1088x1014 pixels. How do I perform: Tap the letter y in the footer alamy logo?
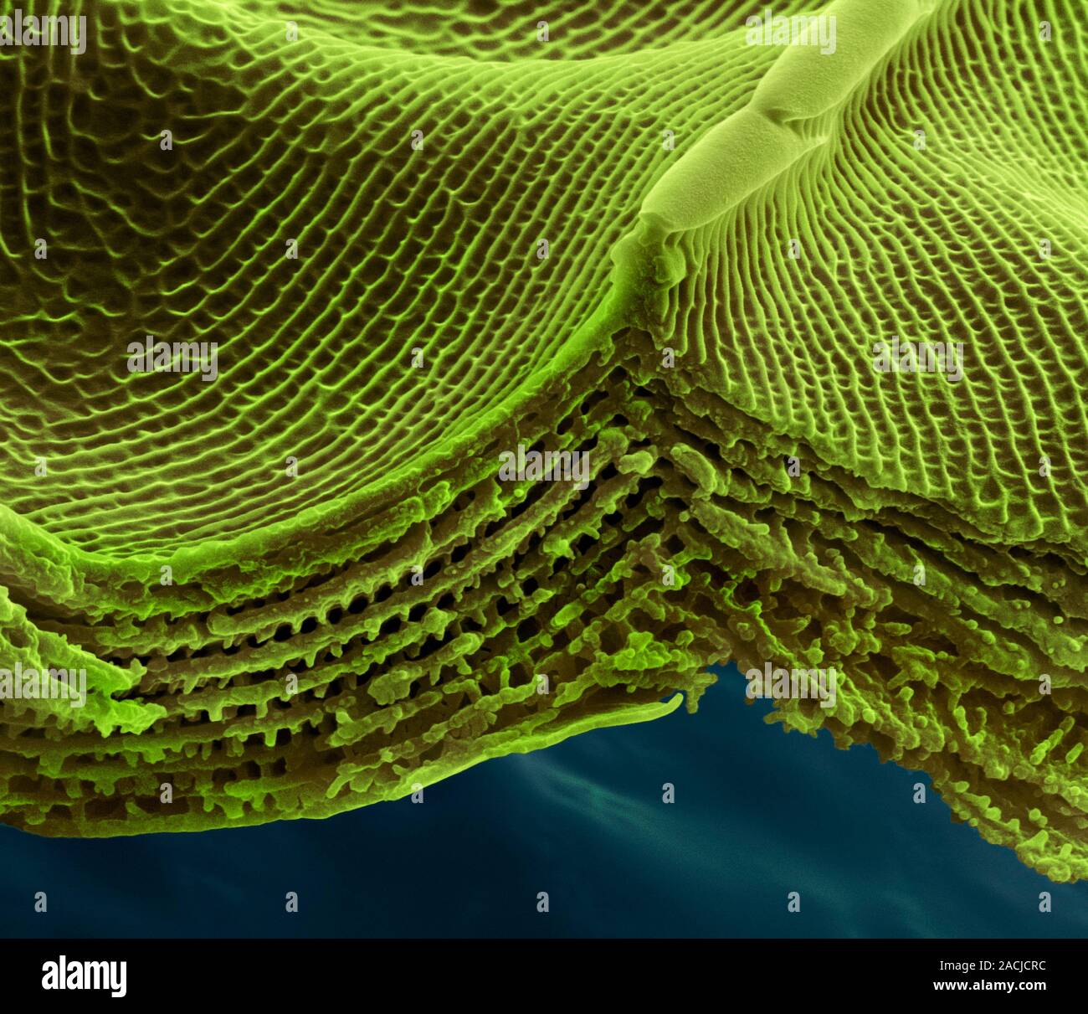[119, 980]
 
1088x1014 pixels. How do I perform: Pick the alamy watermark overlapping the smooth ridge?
[790, 33]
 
